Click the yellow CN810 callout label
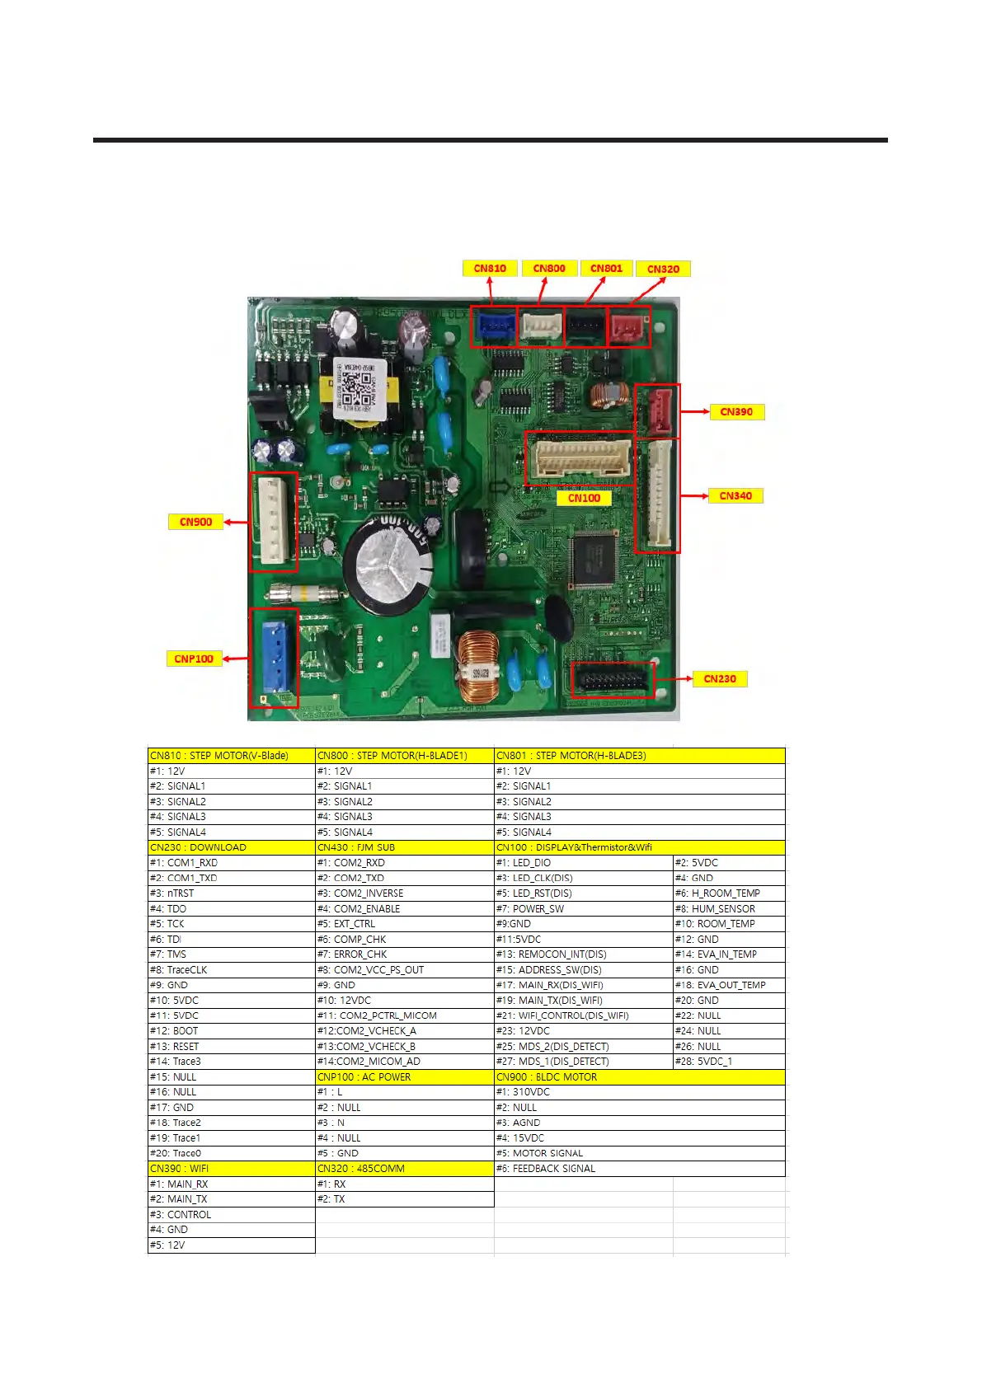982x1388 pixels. (490, 268)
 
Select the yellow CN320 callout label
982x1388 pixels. (663, 269)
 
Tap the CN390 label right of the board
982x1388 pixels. (736, 411)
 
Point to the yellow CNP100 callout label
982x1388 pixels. (194, 659)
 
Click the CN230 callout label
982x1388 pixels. (720, 678)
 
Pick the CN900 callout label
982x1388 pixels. (195, 522)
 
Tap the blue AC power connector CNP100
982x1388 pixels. (273, 657)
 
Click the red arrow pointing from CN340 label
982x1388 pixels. (695, 495)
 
